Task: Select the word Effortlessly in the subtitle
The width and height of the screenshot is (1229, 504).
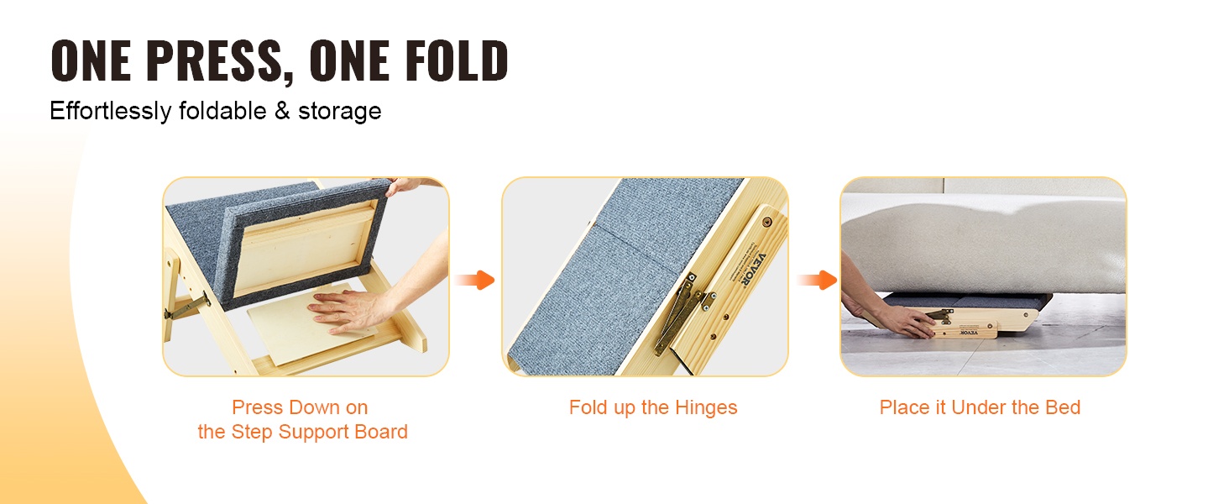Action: point(110,112)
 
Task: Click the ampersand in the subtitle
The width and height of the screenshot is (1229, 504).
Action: point(282,111)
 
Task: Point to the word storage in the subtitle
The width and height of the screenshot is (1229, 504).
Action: point(340,112)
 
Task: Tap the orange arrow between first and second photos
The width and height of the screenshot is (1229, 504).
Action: point(475,280)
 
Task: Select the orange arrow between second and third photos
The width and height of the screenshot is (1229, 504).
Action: point(817,280)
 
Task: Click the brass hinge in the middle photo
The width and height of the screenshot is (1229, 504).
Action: point(680,314)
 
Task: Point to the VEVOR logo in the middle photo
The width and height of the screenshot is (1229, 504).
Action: point(748,269)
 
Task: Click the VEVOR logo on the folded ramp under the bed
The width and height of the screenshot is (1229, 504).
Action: point(969,333)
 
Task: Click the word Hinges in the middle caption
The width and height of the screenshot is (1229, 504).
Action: point(706,408)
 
